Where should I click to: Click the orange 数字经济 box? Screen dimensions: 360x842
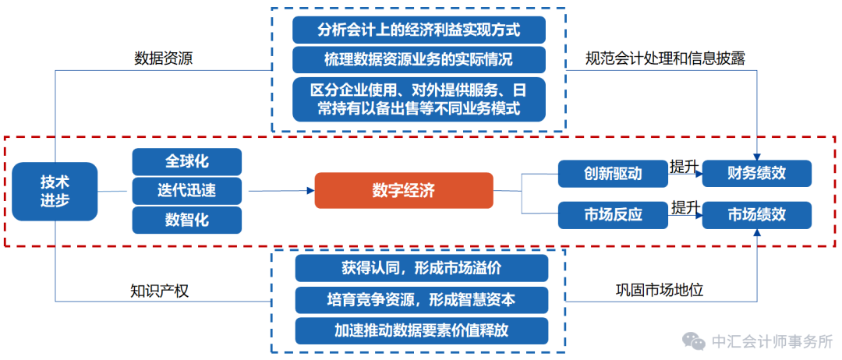tap(403, 190)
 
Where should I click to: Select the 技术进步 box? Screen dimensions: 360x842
tap(55, 191)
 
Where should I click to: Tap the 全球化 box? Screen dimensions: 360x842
tap(186, 161)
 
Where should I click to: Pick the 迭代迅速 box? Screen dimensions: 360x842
tap(186, 190)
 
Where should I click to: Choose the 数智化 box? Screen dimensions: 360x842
tap(186, 220)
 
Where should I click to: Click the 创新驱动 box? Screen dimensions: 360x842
tap(613, 173)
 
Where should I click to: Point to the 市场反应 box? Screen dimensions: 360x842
tap(613, 214)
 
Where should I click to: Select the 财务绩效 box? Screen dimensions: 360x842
tap(757, 173)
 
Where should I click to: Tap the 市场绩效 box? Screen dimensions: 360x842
tap(757, 214)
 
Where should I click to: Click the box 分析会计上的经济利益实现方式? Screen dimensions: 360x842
tap(419, 30)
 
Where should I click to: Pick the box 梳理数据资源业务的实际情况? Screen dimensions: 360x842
tap(419, 60)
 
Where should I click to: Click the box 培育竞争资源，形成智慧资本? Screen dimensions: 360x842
tap(421, 299)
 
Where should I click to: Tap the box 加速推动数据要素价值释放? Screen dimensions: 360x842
tap(421, 330)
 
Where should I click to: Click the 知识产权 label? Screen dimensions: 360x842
tap(159, 291)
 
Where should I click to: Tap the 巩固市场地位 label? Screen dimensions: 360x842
tap(660, 291)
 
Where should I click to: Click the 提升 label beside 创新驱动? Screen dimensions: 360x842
tap(684, 167)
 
